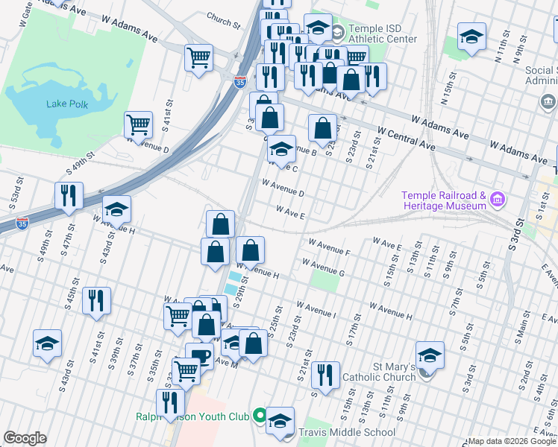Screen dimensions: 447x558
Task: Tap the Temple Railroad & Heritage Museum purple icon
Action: point(496,199)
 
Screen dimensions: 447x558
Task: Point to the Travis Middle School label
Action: point(347,432)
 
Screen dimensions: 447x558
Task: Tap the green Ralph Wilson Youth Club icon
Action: point(260,416)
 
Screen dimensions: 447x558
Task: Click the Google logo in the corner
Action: point(25,438)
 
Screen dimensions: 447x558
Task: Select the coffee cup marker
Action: point(199,355)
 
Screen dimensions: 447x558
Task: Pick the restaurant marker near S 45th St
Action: point(97,300)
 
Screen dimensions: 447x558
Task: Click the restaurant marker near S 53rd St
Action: point(69,195)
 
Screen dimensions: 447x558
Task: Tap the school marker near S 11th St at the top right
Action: point(471,37)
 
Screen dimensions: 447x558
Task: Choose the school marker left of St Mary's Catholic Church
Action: point(430,355)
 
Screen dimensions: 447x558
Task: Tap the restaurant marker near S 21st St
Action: point(325,375)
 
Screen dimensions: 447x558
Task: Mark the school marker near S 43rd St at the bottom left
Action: point(48,343)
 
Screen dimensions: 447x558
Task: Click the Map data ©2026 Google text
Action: point(512,441)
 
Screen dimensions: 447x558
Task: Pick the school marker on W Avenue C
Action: point(281,149)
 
